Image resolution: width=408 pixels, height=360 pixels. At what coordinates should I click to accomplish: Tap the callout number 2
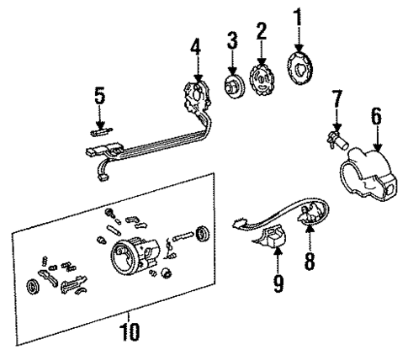pyautogui.click(x=262, y=32)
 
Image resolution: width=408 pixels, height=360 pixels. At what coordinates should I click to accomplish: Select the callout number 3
pyautogui.click(x=231, y=40)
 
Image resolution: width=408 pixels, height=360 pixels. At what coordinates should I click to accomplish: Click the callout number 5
pyautogui.click(x=100, y=97)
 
